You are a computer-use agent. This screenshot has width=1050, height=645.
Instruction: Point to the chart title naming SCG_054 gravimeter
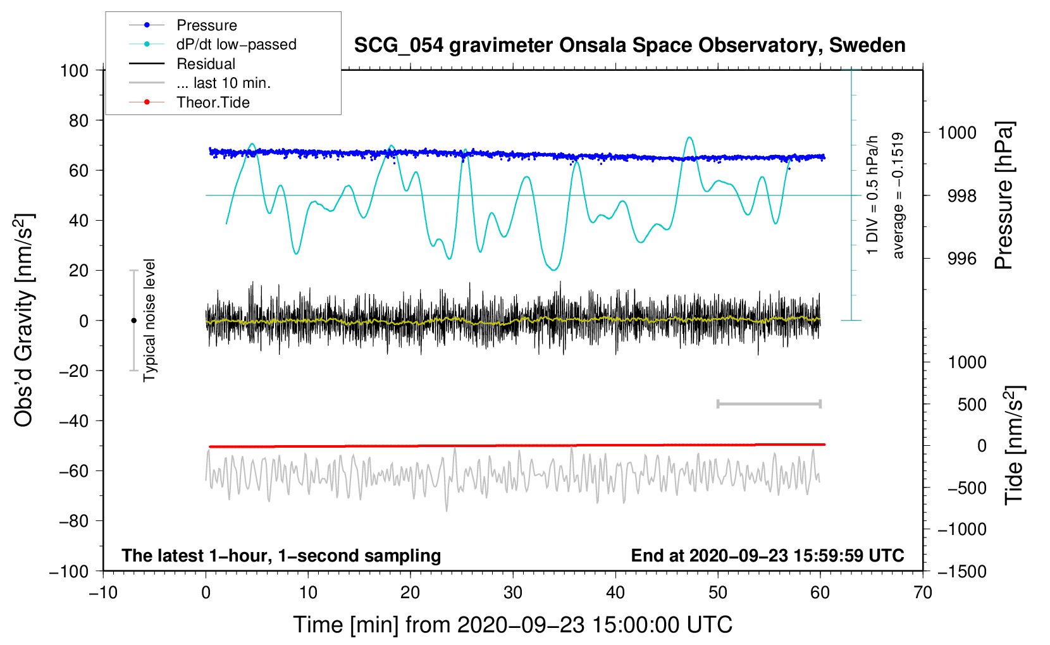629,46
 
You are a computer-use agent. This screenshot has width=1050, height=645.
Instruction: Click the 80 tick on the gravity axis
78,120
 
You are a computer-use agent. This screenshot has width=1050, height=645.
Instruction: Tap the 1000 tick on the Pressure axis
957,133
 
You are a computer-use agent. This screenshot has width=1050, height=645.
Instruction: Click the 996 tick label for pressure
961,259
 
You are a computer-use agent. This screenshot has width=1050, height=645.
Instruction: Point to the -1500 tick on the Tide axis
961,571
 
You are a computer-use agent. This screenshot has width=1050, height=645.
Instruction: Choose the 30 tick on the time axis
513,593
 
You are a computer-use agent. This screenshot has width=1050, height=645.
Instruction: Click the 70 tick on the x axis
923,593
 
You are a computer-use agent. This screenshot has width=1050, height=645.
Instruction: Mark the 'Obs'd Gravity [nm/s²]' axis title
24,320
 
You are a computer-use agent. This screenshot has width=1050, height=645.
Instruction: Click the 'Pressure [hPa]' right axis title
1004,195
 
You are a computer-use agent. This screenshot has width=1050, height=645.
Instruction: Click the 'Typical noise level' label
149,320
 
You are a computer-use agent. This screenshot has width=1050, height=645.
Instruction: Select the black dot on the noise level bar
133,321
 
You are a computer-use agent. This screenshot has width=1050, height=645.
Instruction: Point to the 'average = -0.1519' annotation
898,195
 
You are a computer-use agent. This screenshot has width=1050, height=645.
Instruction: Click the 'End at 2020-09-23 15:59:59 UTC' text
767,555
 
